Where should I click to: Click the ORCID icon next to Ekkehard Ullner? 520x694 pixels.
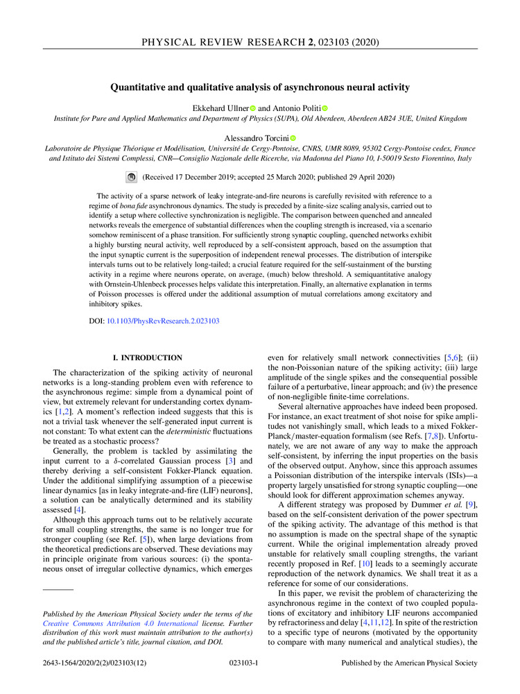pyautogui.click(x=253, y=108)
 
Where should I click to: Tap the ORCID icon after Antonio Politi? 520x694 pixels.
pyautogui.click(x=324, y=108)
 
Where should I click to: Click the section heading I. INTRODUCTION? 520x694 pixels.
pyautogui.click(x=147, y=357)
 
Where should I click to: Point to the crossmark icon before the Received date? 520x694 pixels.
pyautogui.click(x=132, y=178)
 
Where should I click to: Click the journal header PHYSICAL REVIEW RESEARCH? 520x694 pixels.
pyautogui.click(x=220, y=43)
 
